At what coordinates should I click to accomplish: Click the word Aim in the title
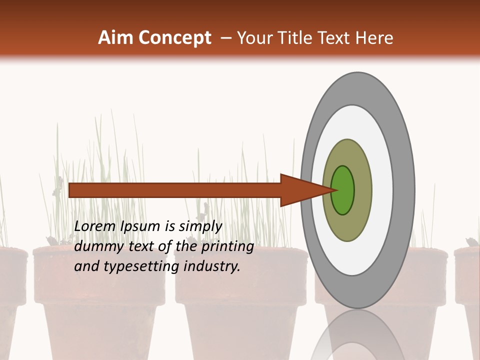116,38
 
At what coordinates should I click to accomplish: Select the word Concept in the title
175,38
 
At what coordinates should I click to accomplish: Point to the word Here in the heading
374,38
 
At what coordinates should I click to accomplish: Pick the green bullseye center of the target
343,190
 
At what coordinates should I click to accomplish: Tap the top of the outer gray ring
357,80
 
